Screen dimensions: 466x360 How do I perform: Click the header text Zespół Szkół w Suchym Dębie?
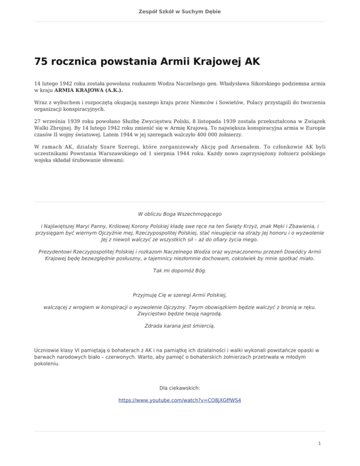coord(180,11)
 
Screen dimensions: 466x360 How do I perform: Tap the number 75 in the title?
coord(42,62)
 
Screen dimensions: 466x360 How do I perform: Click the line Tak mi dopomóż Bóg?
coord(180,271)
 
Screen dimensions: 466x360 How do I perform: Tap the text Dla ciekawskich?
coord(180,388)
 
